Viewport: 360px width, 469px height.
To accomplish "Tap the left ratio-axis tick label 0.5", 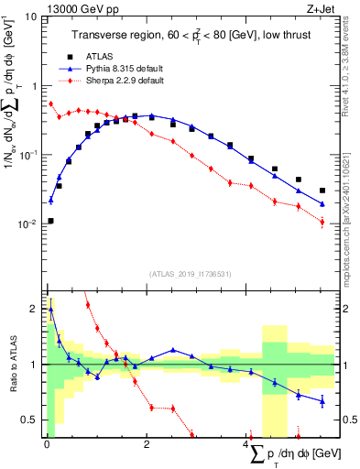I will point(29,420).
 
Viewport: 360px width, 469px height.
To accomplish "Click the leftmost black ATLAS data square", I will point(50,221).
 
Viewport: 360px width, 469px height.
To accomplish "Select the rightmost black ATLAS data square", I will point(322,191).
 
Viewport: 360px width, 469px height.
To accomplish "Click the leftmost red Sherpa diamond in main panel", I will point(50,104).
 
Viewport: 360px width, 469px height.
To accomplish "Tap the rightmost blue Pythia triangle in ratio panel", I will point(322,400).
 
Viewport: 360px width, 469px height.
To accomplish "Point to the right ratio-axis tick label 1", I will point(337,365).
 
